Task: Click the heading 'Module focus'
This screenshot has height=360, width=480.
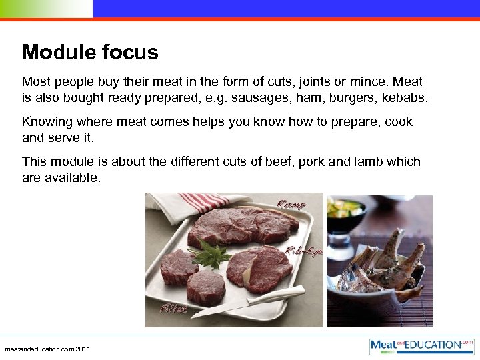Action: [x=90, y=52]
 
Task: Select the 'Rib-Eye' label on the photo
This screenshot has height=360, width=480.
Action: [x=304, y=251]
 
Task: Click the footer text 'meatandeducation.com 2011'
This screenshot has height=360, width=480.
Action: [x=47, y=349]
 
